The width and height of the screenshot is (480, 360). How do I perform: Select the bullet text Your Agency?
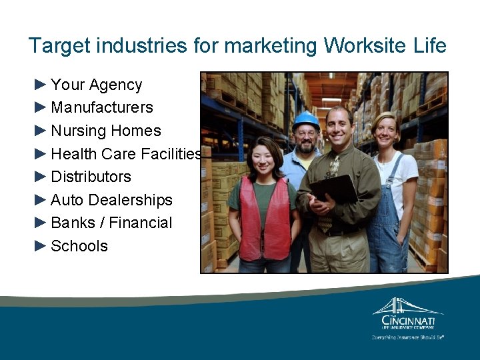click(x=96, y=85)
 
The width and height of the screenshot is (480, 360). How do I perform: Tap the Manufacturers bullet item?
click(x=102, y=107)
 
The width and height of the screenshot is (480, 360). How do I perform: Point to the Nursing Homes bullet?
click(x=106, y=131)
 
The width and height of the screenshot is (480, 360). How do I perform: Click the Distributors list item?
click(x=91, y=177)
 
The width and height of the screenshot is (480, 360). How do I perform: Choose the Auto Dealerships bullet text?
click(x=111, y=200)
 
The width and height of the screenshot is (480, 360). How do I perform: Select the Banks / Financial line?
click(x=111, y=223)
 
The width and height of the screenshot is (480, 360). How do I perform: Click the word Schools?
click(x=79, y=246)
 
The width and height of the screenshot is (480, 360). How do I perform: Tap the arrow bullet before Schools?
click(x=41, y=245)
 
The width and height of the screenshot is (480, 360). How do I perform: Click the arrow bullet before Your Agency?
click(x=41, y=84)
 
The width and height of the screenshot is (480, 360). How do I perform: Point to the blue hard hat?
click(x=306, y=121)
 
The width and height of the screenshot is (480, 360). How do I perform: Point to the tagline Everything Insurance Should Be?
click(x=408, y=337)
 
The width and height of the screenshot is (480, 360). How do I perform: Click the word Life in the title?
click(x=429, y=46)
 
